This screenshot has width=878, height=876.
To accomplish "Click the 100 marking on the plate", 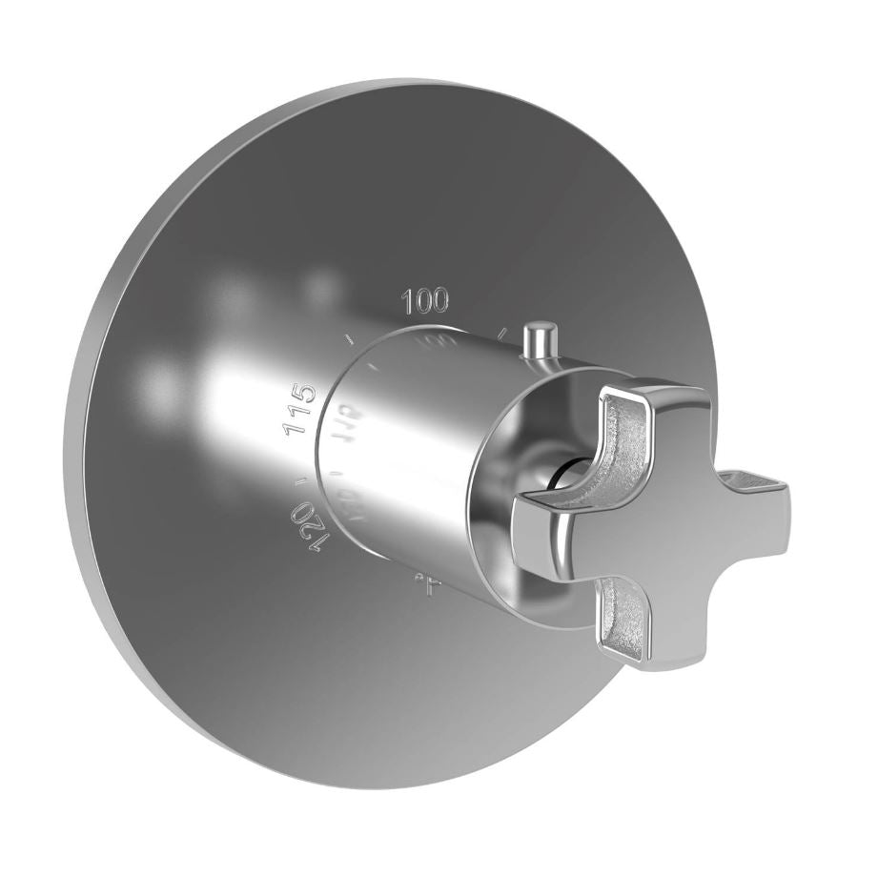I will tap(425, 302).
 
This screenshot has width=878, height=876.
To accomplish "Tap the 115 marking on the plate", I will tap(298, 407).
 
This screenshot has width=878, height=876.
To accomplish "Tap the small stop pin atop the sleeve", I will tap(540, 340).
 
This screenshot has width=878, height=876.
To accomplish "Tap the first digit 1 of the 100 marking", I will tap(408, 303).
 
